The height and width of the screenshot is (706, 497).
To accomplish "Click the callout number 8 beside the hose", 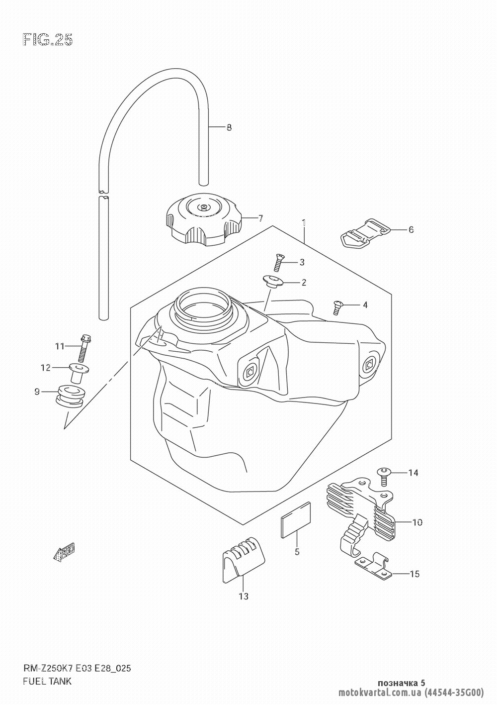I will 229,127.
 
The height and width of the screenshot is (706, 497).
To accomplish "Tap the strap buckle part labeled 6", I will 365,232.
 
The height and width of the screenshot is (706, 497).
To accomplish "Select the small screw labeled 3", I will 278,261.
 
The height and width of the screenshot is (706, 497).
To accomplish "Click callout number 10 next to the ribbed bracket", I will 416,522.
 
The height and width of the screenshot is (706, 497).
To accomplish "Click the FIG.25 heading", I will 48,40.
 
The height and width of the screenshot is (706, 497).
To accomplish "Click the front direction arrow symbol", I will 64,552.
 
